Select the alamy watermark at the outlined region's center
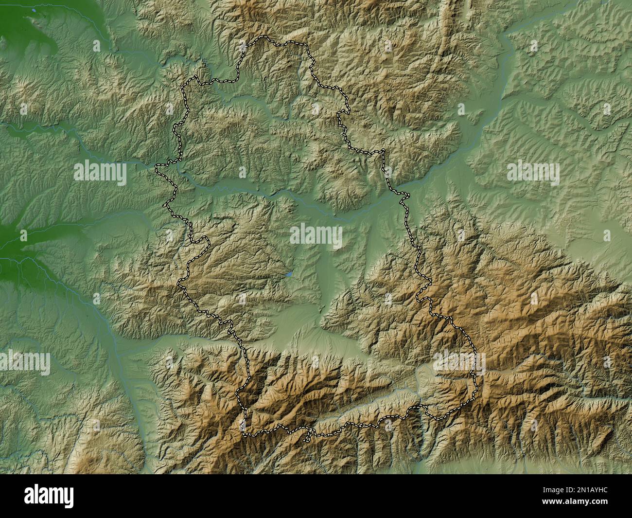[316, 235]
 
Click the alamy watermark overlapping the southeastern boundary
[459, 363]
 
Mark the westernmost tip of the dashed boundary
[156, 169]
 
